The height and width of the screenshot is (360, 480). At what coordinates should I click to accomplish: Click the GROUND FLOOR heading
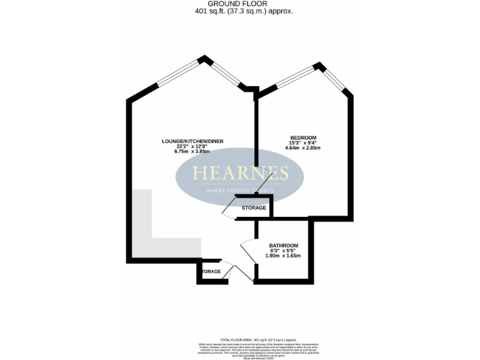pyautogui.click(x=241, y=4)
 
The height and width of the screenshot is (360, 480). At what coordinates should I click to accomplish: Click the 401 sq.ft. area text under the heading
pyautogui.click(x=241, y=11)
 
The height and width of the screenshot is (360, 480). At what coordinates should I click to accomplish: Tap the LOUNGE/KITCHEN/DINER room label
pyautogui.click(x=192, y=141)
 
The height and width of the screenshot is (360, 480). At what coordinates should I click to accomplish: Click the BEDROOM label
pyautogui.click(x=303, y=137)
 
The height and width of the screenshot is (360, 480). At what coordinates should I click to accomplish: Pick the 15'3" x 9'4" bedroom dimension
pyautogui.click(x=303, y=143)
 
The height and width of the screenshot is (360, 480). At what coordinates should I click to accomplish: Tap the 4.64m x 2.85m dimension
pyautogui.click(x=303, y=149)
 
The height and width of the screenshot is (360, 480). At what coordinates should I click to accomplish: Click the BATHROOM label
pyautogui.click(x=283, y=245)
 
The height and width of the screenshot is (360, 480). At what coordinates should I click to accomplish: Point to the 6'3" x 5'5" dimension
pyautogui.click(x=283, y=251)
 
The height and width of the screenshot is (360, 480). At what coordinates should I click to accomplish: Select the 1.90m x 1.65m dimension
pyautogui.click(x=283, y=256)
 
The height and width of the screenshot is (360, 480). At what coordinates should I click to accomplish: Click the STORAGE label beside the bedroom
pyautogui.click(x=254, y=207)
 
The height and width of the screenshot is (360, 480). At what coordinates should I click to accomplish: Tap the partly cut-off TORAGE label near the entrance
pyautogui.click(x=211, y=271)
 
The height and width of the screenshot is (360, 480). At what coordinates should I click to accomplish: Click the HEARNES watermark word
pyautogui.click(x=240, y=173)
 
